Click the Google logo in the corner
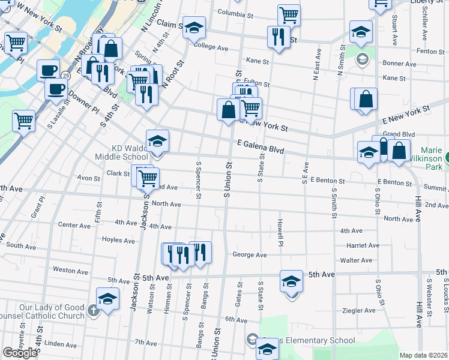coord(20,353)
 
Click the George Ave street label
coord(249,254)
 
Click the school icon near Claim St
coord(193,28)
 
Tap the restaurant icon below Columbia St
coord(278,35)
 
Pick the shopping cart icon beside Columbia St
coord(289,14)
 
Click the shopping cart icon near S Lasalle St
coord(23,120)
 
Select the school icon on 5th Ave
coord(291,281)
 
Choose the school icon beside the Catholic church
coord(107,298)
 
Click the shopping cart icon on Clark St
coord(147,176)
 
